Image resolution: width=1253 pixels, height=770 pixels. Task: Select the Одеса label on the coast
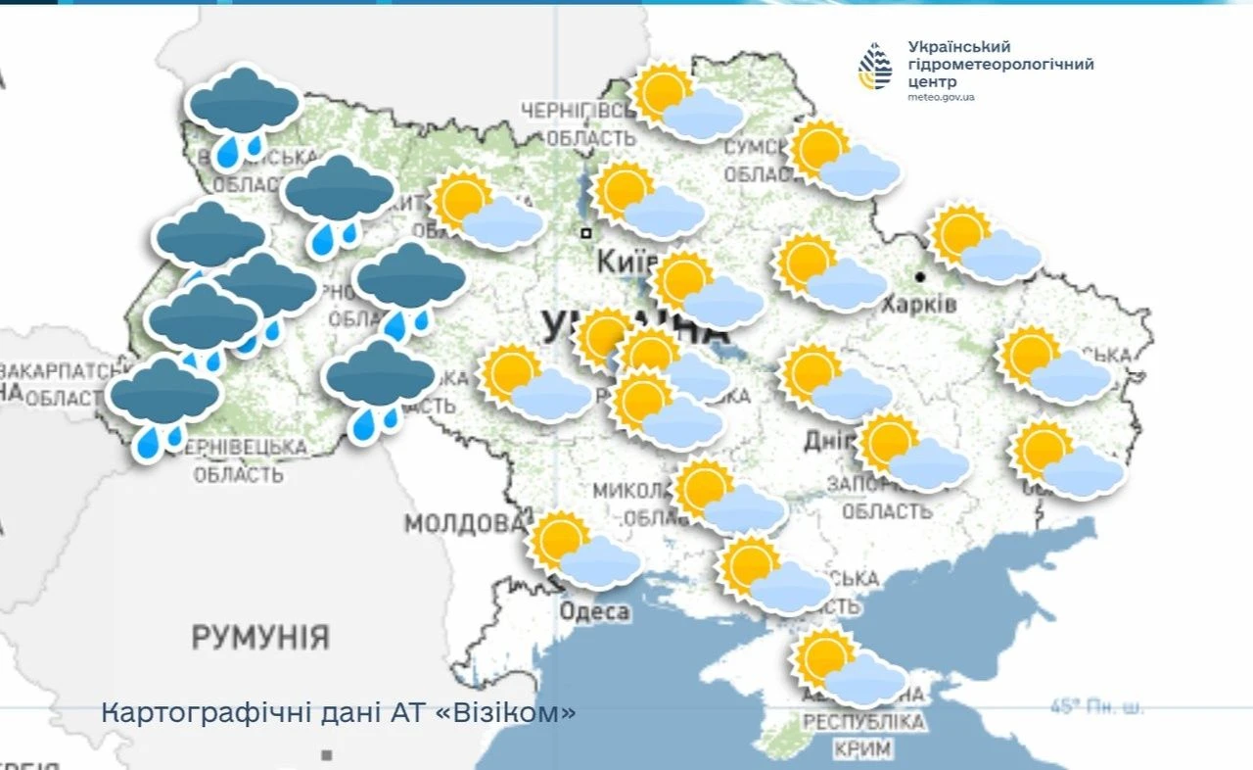click(x=594, y=612)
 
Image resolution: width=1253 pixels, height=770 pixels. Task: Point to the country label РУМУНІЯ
click(x=260, y=638)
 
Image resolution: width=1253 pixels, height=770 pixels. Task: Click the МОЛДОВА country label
click(x=464, y=522)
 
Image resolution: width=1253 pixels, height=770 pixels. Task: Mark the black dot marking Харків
click(x=920, y=277)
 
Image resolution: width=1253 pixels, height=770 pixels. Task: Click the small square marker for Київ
click(x=585, y=233)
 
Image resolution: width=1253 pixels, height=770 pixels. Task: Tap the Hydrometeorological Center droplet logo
click(x=875, y=67)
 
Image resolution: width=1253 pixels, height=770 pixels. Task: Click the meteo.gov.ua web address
click(x=941, y=97)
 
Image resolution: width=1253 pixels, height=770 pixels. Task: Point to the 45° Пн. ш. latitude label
click(x=1096, y=706)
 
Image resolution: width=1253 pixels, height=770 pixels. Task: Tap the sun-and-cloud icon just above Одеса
click(x=583, y=551)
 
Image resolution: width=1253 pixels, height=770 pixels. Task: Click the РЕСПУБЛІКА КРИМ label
click(x=862, y=736)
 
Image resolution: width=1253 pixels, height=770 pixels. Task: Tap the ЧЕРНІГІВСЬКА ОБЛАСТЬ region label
click(x=578, y=123)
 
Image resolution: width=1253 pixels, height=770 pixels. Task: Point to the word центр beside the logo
click(x=931, y=82)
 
